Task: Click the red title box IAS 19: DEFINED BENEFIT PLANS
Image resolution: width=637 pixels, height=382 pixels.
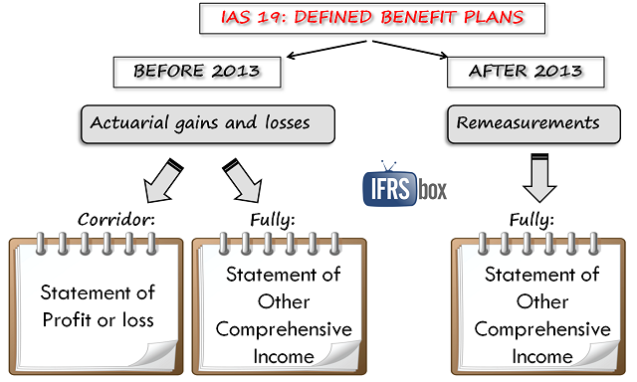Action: (370, 19)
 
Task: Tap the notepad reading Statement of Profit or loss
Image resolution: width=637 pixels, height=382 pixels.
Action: (96, 303)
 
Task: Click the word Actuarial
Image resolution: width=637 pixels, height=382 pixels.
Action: (125, 123)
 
